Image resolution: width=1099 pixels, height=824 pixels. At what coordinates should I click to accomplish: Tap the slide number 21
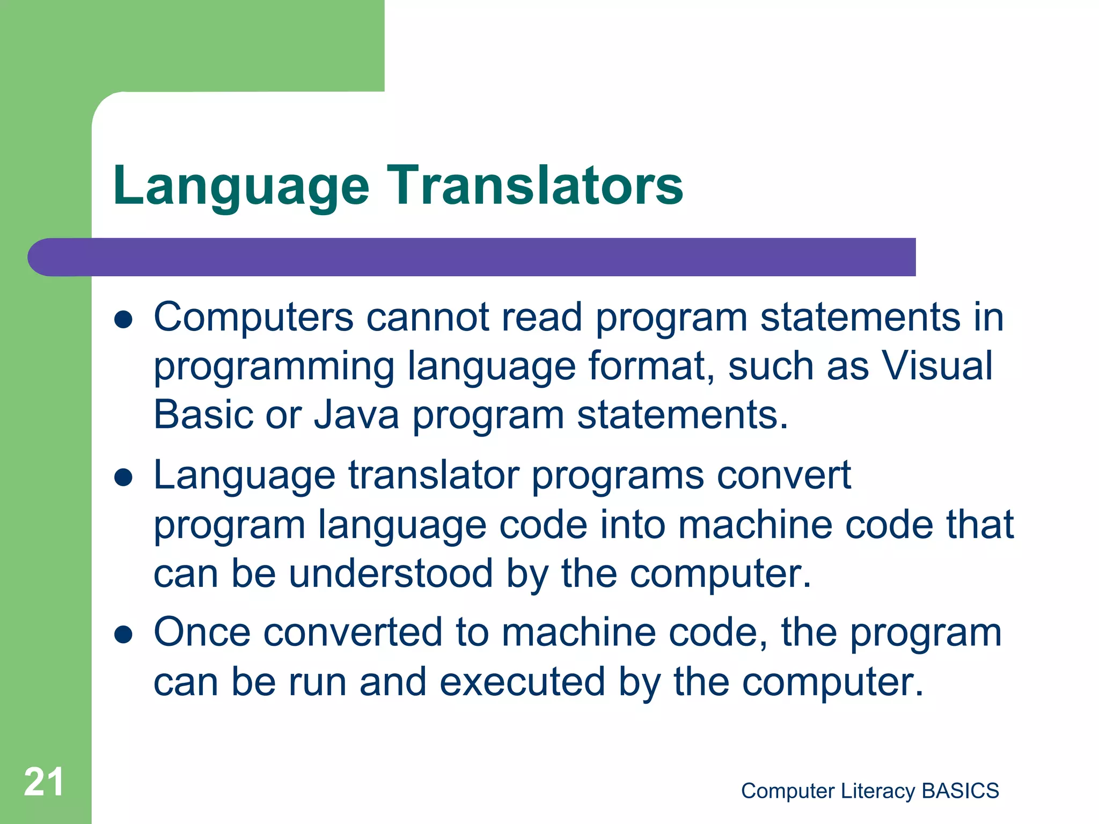click(x=43, y=782)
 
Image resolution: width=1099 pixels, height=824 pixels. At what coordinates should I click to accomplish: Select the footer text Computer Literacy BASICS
click(x=870, y=791)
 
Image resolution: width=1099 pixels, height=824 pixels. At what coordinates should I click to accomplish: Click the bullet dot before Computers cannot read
click(x=123, y=320)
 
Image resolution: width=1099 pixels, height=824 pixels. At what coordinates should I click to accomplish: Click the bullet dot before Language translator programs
click(x=123, y=477)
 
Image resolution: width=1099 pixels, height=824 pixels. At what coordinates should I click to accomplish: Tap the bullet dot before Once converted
click(x=123, y=635)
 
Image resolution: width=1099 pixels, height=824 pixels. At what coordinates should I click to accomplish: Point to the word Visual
click(x=937, y=366)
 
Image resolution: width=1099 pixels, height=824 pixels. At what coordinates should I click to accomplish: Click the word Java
click(x=356, y=415)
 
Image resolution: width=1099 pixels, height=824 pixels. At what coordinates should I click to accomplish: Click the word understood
click(x=391, y=573)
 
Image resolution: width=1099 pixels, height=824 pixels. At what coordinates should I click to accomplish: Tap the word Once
click(x=202, y=632)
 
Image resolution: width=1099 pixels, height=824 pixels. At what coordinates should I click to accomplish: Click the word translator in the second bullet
click(x=434, y=476)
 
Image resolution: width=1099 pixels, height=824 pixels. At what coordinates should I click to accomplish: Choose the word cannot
click(x=427, y=318)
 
